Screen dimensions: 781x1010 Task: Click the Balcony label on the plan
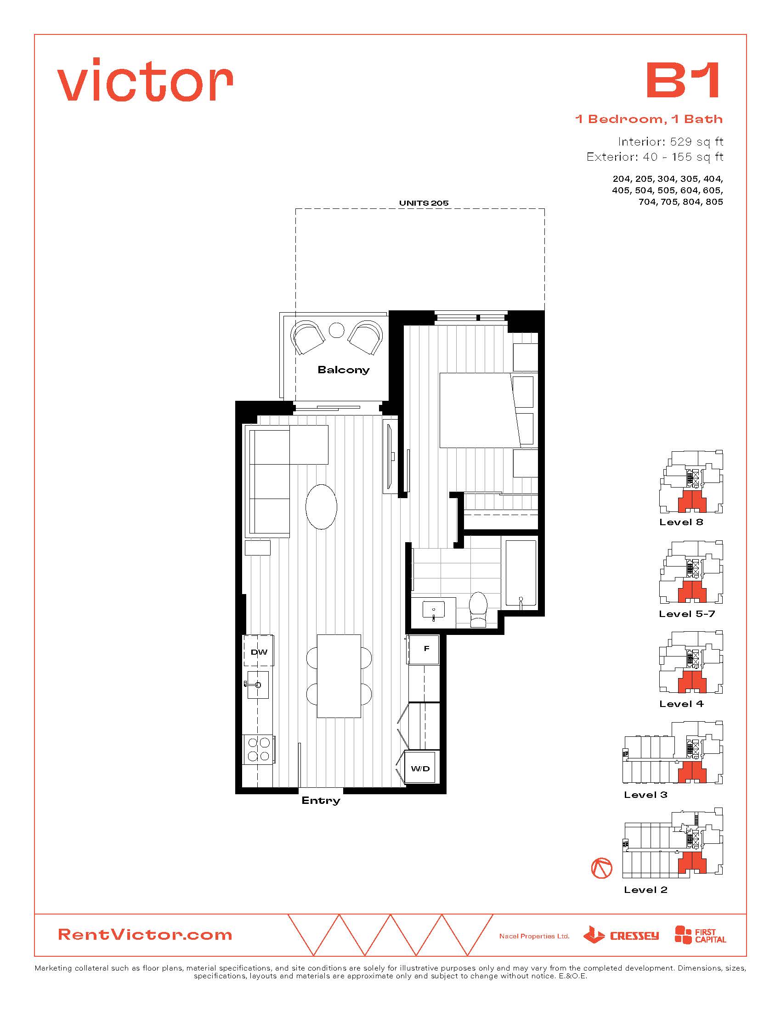coord(343,370)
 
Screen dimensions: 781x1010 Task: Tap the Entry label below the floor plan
coord(321,801)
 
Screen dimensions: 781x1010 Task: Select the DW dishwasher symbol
coord(259,651)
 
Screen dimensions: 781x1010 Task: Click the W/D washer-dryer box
coord(420,769)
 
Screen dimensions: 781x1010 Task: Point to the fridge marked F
coord(423,649)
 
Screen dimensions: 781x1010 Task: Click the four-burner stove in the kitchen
coord(259,750)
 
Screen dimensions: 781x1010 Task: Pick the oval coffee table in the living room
coord(321,506)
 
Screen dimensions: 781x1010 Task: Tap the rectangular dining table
coord(339,676)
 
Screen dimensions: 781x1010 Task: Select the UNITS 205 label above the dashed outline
coord(424,203)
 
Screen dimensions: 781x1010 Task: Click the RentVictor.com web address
coord(145,935)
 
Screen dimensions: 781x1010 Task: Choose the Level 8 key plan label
coord(681,522)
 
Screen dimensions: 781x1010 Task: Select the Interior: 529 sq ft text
coord(670,141)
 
